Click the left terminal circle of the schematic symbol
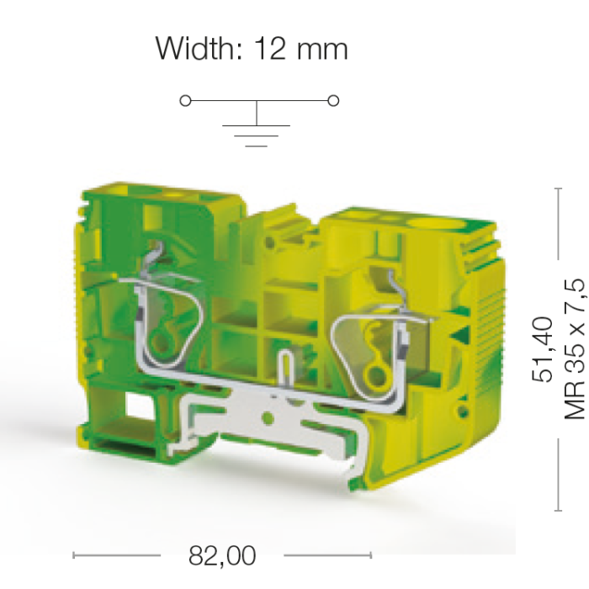click(x=186, y=101)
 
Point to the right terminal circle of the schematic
click(x=333, y=101)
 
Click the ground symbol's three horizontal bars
click(x=256, y=135)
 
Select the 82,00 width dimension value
click(x=222, y=555)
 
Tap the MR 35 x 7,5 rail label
click(x=575, y=349)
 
